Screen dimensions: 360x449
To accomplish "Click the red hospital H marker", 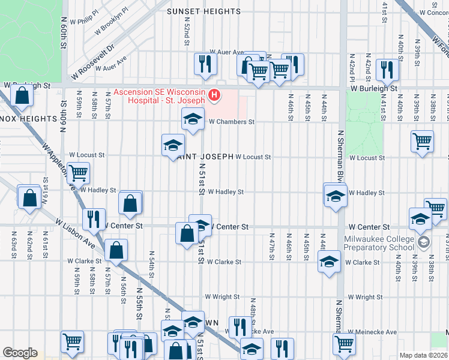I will (213, 95).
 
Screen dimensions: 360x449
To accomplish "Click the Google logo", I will (19, 353).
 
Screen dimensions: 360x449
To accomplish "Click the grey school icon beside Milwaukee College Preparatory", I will (424, 242).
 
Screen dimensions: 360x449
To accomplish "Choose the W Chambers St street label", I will (232, 122).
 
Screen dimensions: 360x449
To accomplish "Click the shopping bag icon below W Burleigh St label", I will (22, 95).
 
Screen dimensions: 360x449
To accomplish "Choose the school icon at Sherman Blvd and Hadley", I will (335, 195).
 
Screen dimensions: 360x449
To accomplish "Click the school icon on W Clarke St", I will (328, 262).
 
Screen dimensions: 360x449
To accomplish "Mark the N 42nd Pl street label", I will (352, 68).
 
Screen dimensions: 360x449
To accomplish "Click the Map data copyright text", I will (423, 355).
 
